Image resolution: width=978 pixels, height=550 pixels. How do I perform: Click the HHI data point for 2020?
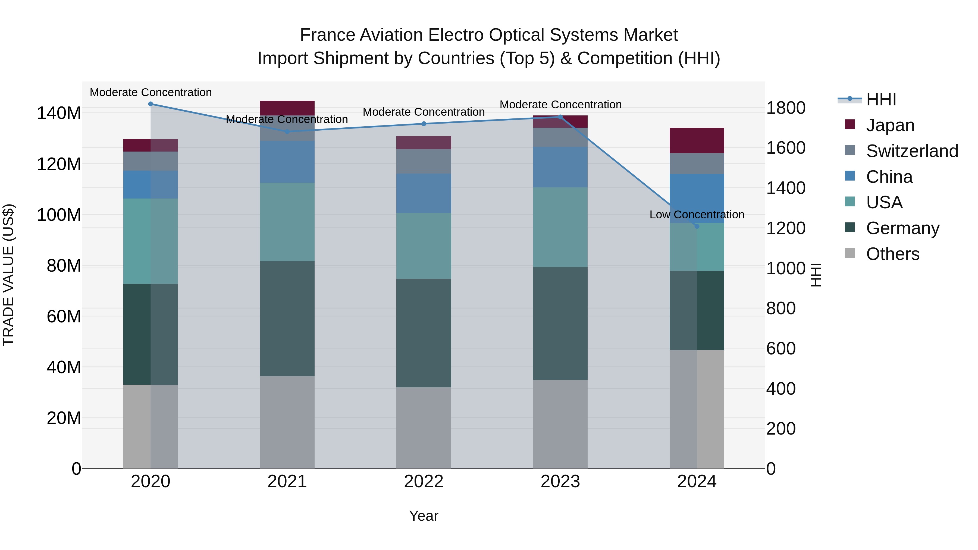coord(151,104)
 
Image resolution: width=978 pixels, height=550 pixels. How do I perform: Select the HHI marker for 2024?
coord(697,227)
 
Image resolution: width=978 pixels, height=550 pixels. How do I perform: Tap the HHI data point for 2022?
coord(424,124)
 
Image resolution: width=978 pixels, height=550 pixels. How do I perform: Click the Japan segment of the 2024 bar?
coord(697,141)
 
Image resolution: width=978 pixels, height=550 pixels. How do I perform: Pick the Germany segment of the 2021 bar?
coord(287,319)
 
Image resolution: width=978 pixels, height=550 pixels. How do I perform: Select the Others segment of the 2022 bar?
coord(424,428)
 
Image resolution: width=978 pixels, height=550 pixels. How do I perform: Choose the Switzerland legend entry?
coord(911,151)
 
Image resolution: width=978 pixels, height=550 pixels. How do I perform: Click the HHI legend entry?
coord(881,99)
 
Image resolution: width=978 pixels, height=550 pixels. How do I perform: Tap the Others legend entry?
coord(892,254)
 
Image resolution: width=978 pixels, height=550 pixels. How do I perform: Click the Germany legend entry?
coord(902,228)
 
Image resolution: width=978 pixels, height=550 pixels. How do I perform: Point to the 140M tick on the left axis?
coord(59,113)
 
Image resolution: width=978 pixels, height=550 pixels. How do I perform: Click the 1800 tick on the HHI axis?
coord(785,108)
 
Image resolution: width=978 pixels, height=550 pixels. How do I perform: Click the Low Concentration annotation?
coord(697,215)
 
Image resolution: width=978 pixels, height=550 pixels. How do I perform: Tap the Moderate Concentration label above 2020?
coord(151,92)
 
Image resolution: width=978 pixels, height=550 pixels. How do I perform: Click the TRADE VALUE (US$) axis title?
coord(8,275)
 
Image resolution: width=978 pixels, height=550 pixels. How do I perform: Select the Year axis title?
coord(424,516)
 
